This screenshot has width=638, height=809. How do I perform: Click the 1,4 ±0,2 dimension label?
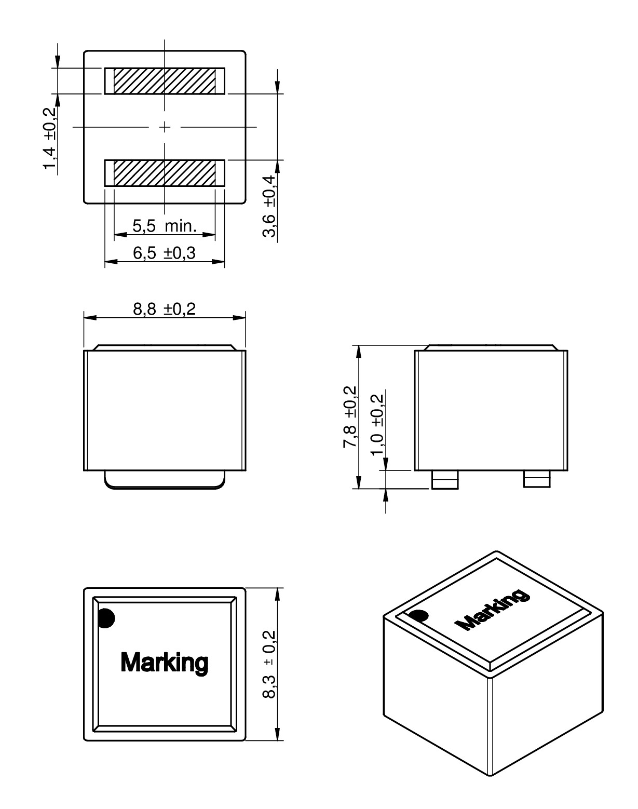pos(50,138)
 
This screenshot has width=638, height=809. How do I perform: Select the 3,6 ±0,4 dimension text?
pos(269,206)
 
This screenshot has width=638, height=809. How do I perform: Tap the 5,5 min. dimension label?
pos(164,226)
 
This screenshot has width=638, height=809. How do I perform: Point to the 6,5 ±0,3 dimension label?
pos(164,253)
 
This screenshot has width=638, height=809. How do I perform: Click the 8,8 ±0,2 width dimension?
pos(164,309)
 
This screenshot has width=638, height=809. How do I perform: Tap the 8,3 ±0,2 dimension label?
pos(269,665)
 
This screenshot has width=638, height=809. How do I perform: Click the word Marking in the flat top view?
pos(164,663)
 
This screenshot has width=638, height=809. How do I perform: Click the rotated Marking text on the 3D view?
pos(492,611)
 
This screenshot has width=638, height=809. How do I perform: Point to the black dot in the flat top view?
pos(106,618)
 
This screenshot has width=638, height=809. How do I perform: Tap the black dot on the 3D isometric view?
pos(419,616)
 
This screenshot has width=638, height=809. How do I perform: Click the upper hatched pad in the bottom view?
pos(164,81)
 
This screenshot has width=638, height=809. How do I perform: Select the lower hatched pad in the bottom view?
pos(164,173)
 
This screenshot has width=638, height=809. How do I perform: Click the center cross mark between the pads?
pos(165,127)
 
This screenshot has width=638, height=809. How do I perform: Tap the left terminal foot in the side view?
pos(445,480)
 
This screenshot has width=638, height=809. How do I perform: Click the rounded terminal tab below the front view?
pos(165,480)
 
